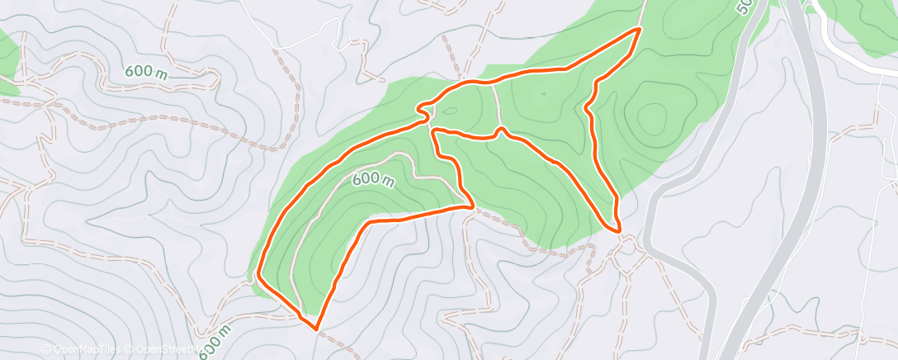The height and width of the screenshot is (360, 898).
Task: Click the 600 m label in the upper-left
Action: [147, 72]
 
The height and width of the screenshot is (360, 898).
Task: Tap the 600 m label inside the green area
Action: [373, 178]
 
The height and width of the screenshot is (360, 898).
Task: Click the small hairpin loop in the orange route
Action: [423, 108]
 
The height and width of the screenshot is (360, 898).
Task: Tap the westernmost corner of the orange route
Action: [258, 274]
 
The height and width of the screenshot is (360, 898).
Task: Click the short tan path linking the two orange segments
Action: [496, 105]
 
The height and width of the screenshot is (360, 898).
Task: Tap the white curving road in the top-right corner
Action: [850, 41]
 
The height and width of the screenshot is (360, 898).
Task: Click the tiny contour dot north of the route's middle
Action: [543, 93]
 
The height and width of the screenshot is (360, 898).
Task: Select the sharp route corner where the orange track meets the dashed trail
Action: [471, 206]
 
